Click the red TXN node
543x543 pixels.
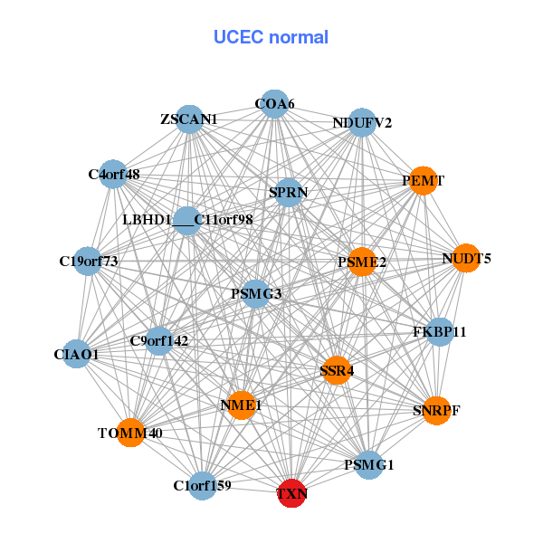tap(292, 493)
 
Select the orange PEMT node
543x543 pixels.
tap(423, 180)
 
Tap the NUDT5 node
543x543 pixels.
tap(466, 258)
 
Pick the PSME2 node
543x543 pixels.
tap(362, 262)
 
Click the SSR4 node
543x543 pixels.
tap(337, 370)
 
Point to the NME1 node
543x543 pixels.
tap(241, 405)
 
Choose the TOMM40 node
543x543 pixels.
tap(130, 433)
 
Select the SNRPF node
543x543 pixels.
tap(437, 410)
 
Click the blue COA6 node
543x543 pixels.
tap(274, 104)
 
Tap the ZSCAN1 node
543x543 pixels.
tap(189, 119)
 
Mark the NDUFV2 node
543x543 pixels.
tap(362, 122)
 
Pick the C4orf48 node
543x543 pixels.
tap(113, 174)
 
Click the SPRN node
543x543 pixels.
tap(288, 193)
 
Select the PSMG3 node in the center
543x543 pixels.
tap(255, 294)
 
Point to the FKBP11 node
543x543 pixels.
tap(440, 332)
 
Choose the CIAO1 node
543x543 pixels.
tap(77, 354)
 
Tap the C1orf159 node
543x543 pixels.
tap(203, 485)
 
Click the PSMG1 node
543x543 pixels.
tap(369, 465)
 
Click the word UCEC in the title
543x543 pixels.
tap(239, 37)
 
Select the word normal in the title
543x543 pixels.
tap(299, 37)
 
